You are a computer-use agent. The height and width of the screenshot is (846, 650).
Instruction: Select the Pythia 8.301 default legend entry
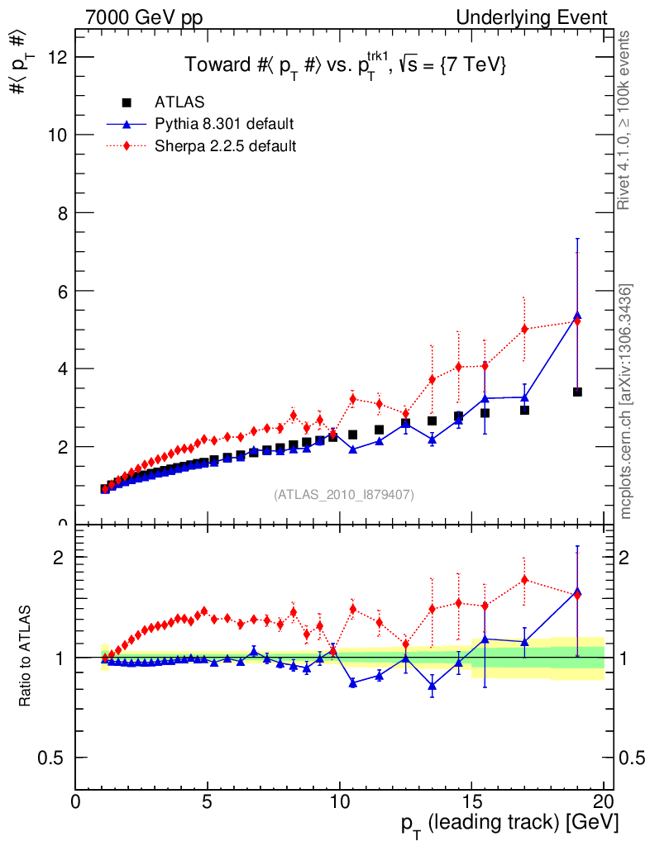[x=224, y=124]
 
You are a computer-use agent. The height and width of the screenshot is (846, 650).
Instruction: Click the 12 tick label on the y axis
[x=59, y=57]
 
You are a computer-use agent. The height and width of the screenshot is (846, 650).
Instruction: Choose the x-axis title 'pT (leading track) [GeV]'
[x=510, y=824]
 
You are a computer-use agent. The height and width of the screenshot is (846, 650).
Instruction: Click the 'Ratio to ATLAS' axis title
[x=26, y=656]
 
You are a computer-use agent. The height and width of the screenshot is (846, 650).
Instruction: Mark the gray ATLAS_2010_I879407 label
[x=344, y=495]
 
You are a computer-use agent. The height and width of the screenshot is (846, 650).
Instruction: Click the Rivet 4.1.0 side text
[x=626, y=120]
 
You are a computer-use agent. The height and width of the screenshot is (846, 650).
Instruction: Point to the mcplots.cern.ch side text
[x=626, y=401]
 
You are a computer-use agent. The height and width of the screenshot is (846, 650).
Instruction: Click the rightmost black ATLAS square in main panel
[x=577, y=392]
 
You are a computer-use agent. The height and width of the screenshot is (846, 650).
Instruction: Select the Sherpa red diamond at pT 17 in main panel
[x=524, y=329]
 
